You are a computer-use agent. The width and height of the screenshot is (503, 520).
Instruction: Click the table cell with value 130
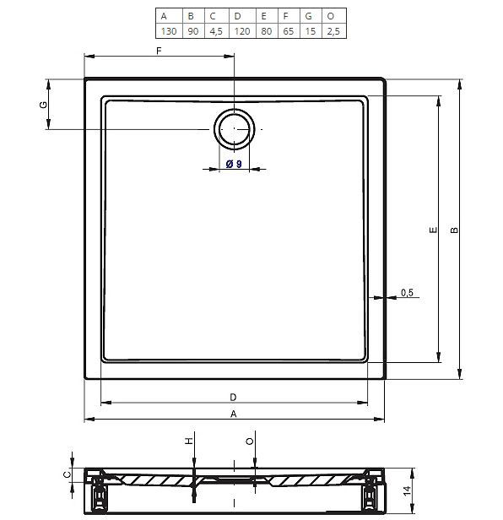169,31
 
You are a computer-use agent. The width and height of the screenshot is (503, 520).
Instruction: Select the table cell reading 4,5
217,31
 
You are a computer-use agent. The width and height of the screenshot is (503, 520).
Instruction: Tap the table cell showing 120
242,31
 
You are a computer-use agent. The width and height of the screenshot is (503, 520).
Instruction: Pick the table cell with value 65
289,31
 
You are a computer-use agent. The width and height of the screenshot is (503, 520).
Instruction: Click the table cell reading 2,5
334,31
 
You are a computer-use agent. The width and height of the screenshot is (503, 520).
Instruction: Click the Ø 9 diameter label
234,164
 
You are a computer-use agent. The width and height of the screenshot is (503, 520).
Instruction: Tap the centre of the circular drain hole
235,128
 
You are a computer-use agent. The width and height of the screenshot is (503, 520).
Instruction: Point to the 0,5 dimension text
407,292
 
